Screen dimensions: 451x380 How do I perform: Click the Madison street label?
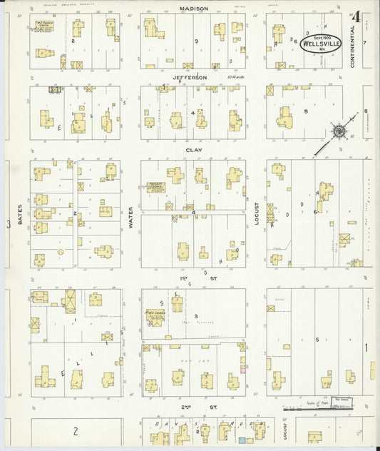194,9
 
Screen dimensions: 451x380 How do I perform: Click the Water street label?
130,218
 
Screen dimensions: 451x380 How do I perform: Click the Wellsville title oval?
321,42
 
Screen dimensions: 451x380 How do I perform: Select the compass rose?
340,131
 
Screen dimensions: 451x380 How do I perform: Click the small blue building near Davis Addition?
241,442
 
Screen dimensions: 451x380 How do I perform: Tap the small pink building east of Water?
244,369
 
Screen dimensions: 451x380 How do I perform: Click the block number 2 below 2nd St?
75,431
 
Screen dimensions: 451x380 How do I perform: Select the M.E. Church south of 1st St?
156,315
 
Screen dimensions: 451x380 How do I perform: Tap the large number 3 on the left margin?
9,224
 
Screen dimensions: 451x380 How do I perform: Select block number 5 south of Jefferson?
306,111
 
